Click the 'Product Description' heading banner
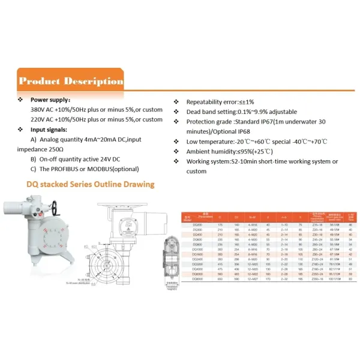(71, 81)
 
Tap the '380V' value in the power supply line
(38, 110)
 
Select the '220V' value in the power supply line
(38, 119)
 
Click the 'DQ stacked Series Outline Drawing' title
(89, 184)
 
